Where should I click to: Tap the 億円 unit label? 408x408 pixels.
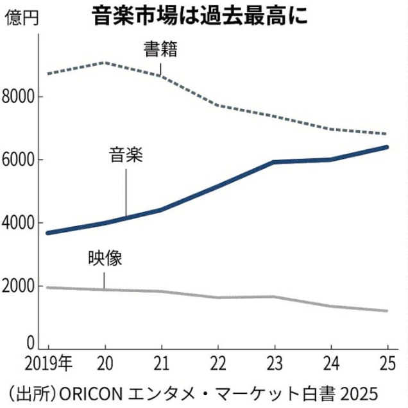[x=21, y=17]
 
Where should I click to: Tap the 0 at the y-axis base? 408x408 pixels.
[x=30, y=342]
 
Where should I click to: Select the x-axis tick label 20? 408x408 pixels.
[x=106, y=363]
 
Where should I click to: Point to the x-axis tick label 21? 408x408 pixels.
[x=161, y=363]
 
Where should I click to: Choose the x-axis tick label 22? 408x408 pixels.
[x=218, y=363]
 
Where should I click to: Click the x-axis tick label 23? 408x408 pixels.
[x=275, y=363]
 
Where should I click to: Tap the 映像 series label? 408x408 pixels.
[x=105, y=259]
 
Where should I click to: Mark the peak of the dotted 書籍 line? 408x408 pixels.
[x=105, y=63]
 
